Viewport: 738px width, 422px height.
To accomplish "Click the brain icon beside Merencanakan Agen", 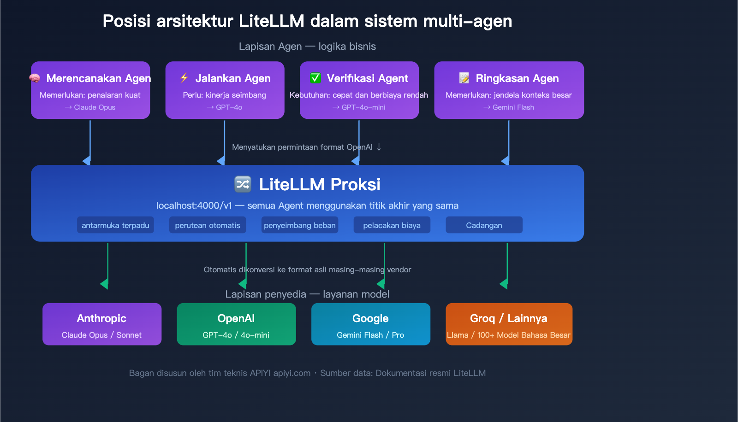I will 35,78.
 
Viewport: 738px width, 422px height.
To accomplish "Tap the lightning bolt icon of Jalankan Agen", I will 184,78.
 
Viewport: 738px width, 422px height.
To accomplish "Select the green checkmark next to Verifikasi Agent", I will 315,78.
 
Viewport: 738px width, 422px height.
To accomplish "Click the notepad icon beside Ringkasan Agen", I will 464,78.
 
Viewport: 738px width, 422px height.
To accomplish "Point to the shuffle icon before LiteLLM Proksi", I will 243,184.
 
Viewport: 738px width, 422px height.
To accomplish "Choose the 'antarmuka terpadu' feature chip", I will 115,225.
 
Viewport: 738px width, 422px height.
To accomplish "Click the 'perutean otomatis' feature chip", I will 208,225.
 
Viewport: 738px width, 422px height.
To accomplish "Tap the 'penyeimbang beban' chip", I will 300,225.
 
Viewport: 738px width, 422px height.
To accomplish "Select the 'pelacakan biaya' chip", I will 392,225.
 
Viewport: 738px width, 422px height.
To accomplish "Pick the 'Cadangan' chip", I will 484,225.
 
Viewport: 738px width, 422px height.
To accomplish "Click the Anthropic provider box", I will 102,324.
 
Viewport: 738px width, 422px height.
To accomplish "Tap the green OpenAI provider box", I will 236,324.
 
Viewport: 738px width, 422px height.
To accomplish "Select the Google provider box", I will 370,324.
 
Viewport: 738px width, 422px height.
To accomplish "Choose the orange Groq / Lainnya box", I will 509,324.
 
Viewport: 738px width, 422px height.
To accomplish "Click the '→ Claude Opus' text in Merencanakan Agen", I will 90,107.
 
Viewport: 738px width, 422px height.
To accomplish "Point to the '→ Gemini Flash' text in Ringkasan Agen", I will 509,107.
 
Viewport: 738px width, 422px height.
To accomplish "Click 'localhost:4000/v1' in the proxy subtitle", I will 194,205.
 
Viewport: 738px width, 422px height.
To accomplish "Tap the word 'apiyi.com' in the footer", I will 292,373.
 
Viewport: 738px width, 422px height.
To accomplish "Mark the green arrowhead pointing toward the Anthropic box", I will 105,284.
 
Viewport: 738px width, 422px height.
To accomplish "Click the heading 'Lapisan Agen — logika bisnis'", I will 307,47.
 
